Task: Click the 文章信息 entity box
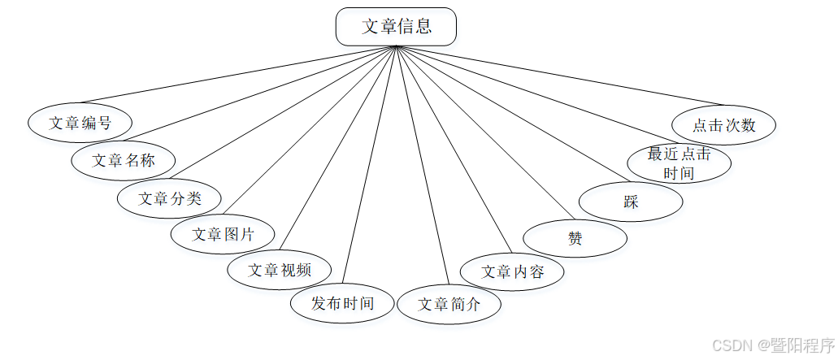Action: pos(396,26)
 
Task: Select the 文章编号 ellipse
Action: pos(80,123)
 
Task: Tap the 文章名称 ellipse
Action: pos(124,160)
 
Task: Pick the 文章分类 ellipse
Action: pos(170,197)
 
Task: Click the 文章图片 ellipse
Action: pos(223,235)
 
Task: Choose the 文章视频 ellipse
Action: pos(279,270)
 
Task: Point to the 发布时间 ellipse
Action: pos(342,304)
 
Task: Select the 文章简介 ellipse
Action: pos(449,305)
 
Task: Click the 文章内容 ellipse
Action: pos(512,271)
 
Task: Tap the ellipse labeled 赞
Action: pos(575,239)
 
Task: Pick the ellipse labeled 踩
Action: pos(631,202)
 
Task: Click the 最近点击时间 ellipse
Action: pos(679,163)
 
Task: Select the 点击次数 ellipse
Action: pos(723,125)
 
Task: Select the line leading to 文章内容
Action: pos(453,148)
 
